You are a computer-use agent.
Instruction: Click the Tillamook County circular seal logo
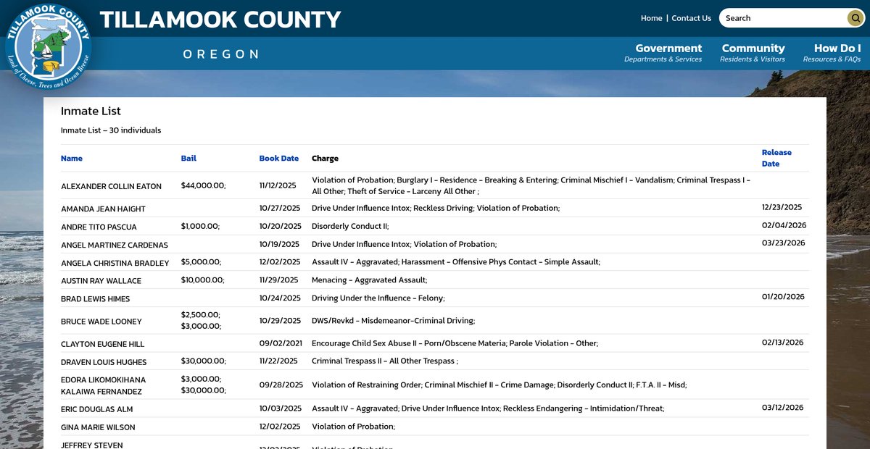(48, 46)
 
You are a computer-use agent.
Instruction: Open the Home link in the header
(651, 18)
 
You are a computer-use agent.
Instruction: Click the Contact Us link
(691, 18)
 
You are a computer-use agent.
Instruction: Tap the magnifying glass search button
(855, 18)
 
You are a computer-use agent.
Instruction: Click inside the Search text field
(783, 18)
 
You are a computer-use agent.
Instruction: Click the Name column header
(72, 158)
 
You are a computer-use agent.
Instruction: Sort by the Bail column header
(188, 158)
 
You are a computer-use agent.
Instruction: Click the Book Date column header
(278, 158)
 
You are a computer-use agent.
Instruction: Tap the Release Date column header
(776, 158)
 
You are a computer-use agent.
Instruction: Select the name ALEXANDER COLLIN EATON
(111, 186)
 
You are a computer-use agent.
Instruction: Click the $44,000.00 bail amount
(203, 185)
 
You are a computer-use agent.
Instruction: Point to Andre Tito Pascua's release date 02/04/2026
(784, 225)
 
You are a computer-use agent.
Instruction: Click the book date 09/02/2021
(279, 343)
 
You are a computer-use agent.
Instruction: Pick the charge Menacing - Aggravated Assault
(369, 280)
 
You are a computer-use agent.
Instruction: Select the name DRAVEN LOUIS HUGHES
(104, 362)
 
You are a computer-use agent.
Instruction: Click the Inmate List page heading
(91, 111)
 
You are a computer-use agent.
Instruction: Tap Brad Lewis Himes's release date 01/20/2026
(783, 297)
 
